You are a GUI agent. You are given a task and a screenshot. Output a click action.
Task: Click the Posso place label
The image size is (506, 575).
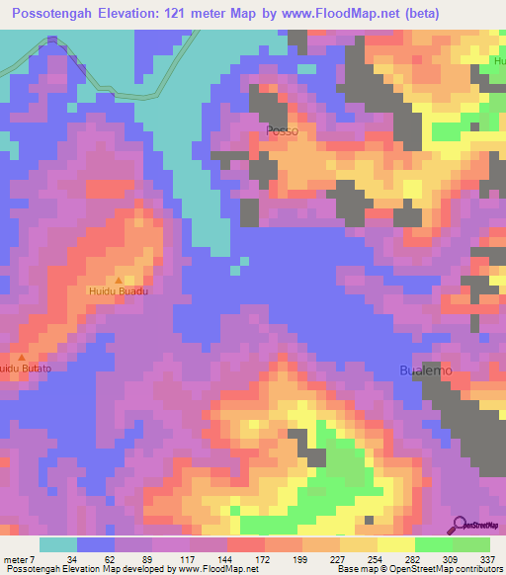282,129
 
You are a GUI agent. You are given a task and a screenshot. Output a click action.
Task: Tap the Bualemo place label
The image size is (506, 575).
426,370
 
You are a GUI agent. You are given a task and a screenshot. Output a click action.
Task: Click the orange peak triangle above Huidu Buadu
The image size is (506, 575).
119,281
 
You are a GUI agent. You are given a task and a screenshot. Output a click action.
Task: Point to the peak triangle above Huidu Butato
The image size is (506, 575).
21,356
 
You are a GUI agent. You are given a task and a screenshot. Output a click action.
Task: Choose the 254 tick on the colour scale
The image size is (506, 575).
376,559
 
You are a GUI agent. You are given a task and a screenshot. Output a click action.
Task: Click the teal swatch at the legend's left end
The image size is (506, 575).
58,544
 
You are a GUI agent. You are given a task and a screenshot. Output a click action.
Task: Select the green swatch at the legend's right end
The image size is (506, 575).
471,544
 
